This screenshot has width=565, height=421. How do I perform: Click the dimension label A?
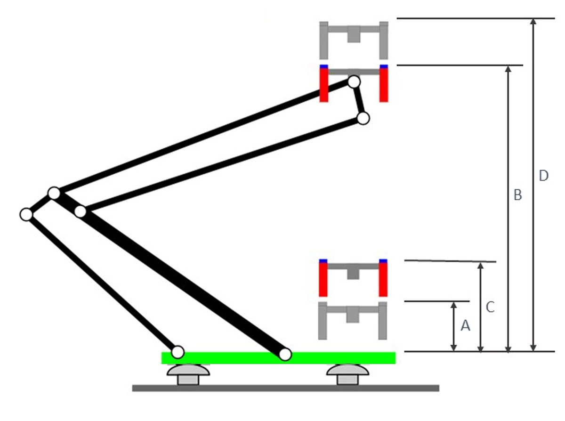tap(465, 325)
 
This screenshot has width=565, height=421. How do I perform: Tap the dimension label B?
tap(517, 195)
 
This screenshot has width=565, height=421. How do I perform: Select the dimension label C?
tap(490, 307)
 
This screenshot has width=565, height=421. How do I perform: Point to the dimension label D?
tap(544, 176)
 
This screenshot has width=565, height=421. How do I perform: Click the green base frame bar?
tap(278, 358)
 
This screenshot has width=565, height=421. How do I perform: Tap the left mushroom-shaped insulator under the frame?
tap(188, 374)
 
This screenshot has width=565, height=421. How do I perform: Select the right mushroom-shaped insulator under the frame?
tap(348, 374)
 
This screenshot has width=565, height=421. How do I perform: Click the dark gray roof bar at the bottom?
tap(285, 388)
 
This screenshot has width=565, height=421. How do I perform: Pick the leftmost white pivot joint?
tap(26, 214)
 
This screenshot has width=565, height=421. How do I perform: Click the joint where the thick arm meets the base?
tap(285, 354)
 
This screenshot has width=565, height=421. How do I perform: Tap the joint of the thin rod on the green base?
tap(178, 352)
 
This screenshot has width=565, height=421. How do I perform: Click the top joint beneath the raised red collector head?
tap(354, 82)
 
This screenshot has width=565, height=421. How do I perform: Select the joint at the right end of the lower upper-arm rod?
tap(363, 119)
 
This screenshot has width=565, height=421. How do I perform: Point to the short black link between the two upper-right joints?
tap(359, 100)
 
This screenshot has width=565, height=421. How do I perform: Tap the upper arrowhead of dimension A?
tap(453, 305)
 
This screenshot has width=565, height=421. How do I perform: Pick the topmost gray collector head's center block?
tap(354, 34)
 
